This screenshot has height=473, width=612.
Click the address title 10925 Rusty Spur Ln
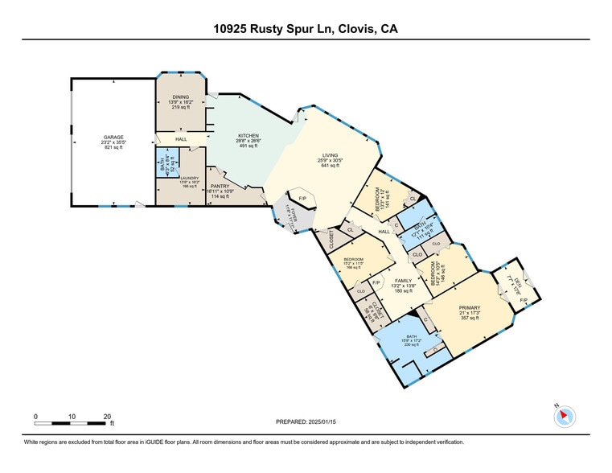(305, 29)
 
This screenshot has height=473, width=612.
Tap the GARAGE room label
(113, 137)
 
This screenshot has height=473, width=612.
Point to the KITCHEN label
(247, 135)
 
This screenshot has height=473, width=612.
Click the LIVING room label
(330, 155)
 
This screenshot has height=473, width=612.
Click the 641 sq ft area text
(330, 166)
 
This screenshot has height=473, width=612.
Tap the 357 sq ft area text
(469, 318)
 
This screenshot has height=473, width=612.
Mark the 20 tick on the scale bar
(108, 416)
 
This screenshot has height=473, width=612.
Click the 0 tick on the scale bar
(35, 416)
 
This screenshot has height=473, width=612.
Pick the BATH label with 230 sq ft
(411, 337)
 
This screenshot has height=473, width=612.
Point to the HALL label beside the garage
(182, 139)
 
